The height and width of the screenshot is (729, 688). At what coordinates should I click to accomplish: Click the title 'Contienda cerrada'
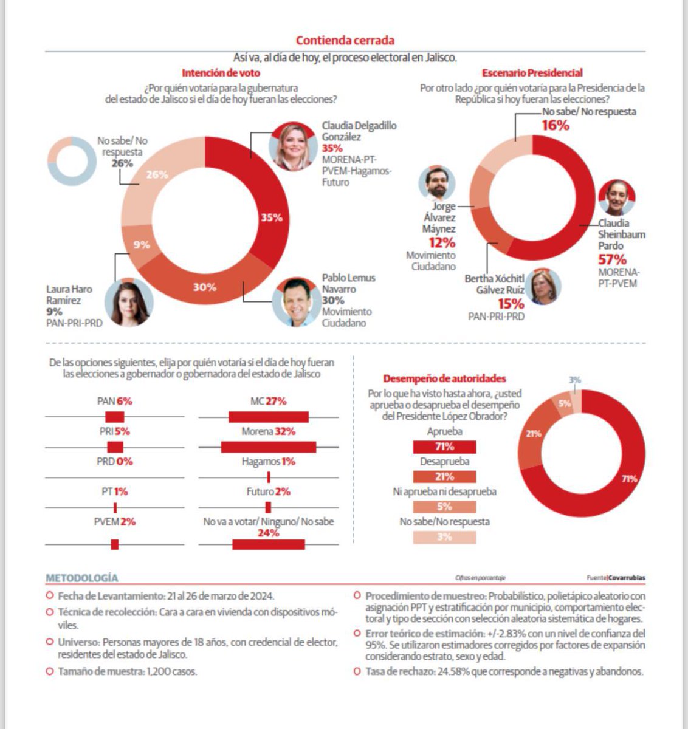click(345, 41)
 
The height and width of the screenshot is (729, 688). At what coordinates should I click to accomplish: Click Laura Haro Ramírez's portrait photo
click(129, 303)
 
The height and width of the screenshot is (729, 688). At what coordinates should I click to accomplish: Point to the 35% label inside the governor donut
click(272, 217)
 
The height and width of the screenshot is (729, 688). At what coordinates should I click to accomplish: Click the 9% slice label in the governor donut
click(142, 245)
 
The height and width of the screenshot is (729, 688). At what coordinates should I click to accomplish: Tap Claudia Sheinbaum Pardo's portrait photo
click(617, 198)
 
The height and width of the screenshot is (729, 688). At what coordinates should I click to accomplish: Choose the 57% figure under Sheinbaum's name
click(612, 259)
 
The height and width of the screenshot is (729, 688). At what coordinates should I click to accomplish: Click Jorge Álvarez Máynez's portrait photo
click(437, 183)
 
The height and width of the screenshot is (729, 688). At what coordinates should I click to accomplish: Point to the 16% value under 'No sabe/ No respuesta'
click(556, 126)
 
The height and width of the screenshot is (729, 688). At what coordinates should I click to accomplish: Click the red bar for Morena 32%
click(269, 447)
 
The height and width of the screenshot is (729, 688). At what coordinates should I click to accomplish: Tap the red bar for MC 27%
click(269, 417)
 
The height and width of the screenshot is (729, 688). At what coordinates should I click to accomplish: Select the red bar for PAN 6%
click(115, 417)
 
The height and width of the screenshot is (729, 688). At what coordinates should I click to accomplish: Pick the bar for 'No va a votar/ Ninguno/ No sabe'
click(269, 544)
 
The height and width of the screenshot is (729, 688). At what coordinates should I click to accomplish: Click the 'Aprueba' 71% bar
click(444, 447)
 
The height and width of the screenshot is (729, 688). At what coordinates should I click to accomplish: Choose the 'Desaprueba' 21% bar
click(444, 477)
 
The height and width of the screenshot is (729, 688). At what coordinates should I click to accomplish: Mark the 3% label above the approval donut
click(575, 380)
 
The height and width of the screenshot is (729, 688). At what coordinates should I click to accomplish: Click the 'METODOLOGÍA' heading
click(82, 578)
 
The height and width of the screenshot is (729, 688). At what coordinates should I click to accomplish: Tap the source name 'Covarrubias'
click(628, 578)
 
